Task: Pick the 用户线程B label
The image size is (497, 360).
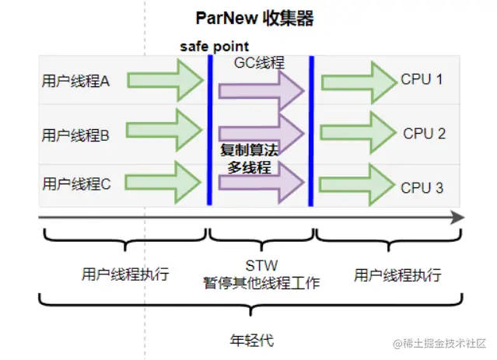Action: [x=75, y=135]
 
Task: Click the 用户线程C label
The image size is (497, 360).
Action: [x=75, y=184]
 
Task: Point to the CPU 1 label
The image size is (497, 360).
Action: [x=423, y=79]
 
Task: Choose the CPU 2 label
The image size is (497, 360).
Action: [x=424, y=133]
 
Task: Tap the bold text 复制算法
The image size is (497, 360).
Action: [x=249, y=149]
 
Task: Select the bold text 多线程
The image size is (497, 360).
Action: [x=248, y=166]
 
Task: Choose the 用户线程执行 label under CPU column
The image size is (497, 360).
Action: [x=397, y=275]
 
